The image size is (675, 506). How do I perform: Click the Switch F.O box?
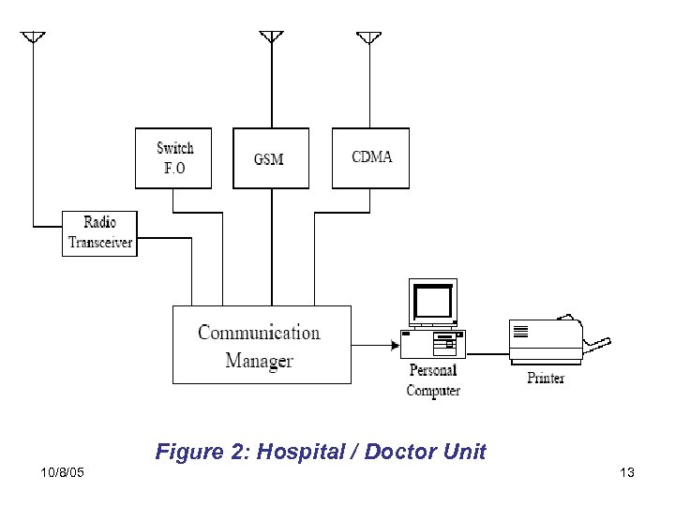[173, 157]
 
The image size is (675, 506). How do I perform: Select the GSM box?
[270, 157]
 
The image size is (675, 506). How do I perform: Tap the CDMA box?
[371, 157]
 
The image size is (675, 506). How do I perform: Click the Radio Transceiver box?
[100, 233]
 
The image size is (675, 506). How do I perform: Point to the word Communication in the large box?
[259, 333]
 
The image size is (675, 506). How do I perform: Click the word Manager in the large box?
[259, 361]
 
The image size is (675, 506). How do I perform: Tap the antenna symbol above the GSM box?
[271, 37]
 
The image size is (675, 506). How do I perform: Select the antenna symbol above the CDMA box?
[368, 37]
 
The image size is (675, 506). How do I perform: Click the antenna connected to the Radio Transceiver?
[33, 37]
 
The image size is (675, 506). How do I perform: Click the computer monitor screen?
[432, 302]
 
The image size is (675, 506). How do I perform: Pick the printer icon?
[548, 341]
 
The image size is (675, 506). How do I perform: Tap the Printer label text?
[546, 379]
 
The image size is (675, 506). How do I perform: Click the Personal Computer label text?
[433, 380]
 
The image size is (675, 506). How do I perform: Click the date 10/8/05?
[63, 472]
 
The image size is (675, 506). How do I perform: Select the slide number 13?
[627, 472]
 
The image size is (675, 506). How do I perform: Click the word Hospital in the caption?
[300, 452]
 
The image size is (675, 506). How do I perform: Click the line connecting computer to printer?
[487, 354]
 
